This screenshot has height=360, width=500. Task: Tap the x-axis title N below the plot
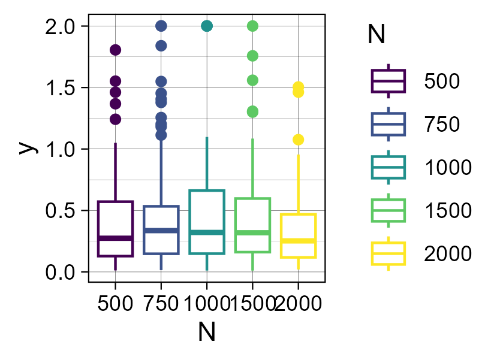206,332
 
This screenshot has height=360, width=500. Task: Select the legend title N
376,36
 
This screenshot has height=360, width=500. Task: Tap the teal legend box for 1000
388,167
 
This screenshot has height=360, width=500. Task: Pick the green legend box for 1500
388,210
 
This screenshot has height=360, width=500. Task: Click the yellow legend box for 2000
388,253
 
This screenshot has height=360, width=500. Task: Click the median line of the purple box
115,238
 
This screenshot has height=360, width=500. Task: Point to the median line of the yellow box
298,241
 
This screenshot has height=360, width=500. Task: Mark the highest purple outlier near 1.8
115,50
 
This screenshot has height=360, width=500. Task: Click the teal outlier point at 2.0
207,26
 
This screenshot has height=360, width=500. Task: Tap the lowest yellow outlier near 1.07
298,140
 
